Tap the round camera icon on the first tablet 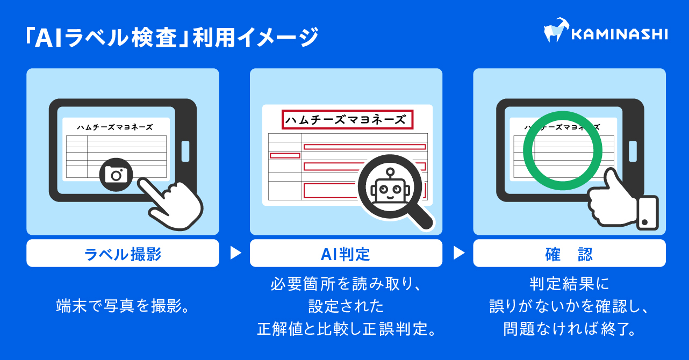pyautogui.click(x=116, y=173)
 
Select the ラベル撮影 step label pyautogui.click(x=123, y=254)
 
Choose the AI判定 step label pyautogui.click(x=346, y=254)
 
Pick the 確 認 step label pyautogui.click(x=569, y=254)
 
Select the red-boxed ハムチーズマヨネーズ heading pyautogui.click(x=347, y=120)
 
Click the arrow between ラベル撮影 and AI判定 pyautogui.click(x=235, y=253)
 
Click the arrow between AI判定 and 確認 pyautogui.click(x=458, y=253)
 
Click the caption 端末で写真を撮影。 pyautogui.click(x=123, y=306)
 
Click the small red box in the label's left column pyautogui.click(x=285, y=155)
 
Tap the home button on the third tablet pyautogui.click(x=633, y=151)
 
